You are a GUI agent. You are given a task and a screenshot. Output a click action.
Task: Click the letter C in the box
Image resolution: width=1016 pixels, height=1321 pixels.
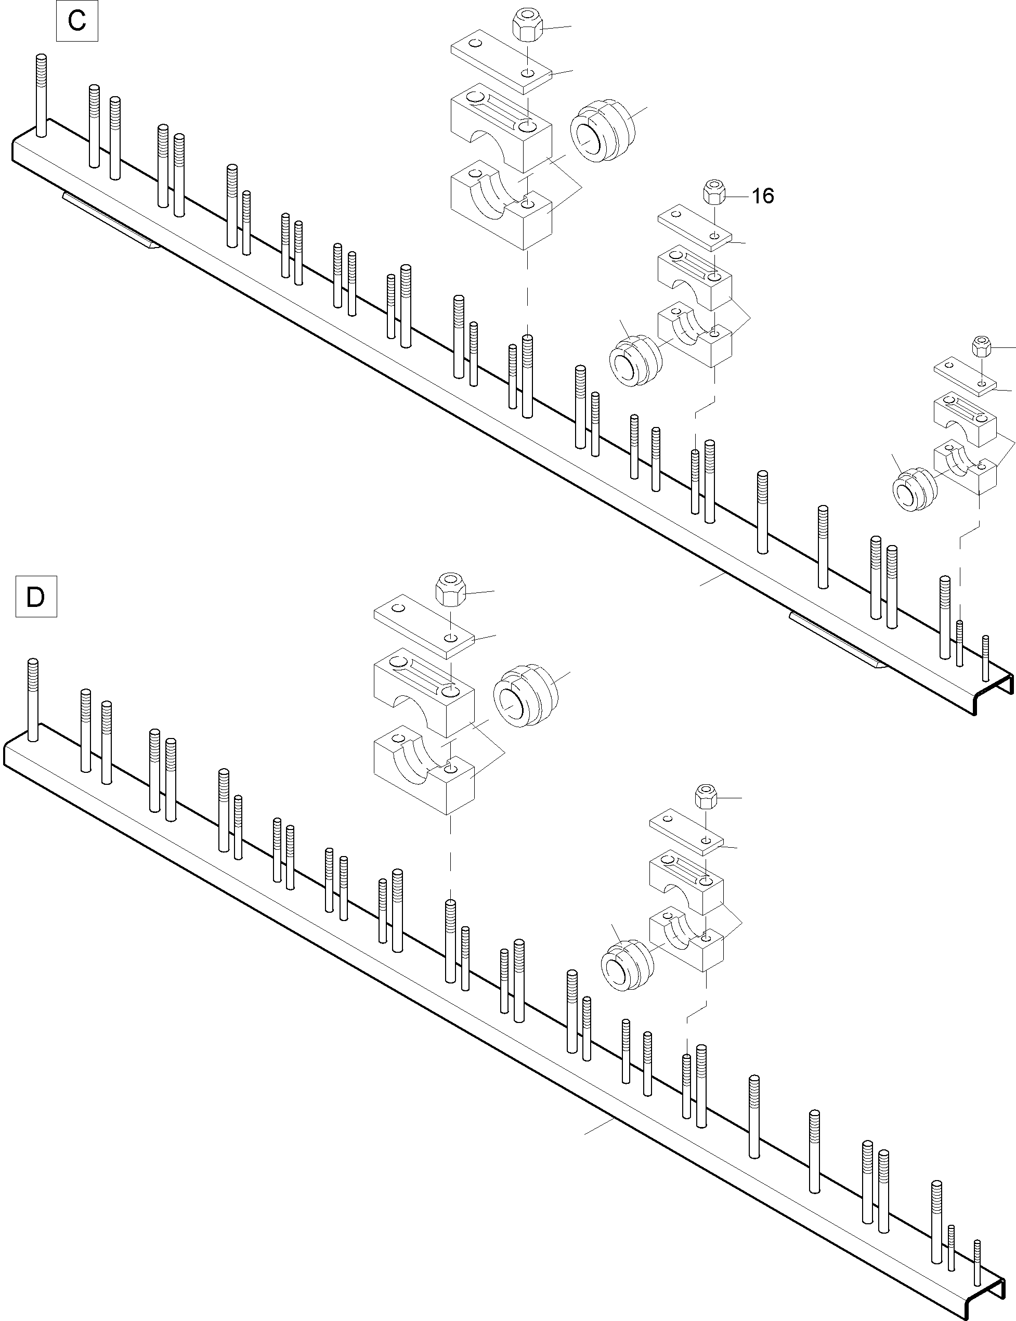77,21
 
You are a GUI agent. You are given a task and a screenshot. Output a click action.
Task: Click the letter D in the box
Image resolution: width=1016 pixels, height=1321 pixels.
36,597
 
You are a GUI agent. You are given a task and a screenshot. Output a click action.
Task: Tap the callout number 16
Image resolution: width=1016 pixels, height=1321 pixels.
763,196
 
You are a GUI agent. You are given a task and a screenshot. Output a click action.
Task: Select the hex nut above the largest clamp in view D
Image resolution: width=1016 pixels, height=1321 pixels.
449,587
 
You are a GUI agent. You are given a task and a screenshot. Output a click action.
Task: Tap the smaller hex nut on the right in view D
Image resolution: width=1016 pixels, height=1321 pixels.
706,797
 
